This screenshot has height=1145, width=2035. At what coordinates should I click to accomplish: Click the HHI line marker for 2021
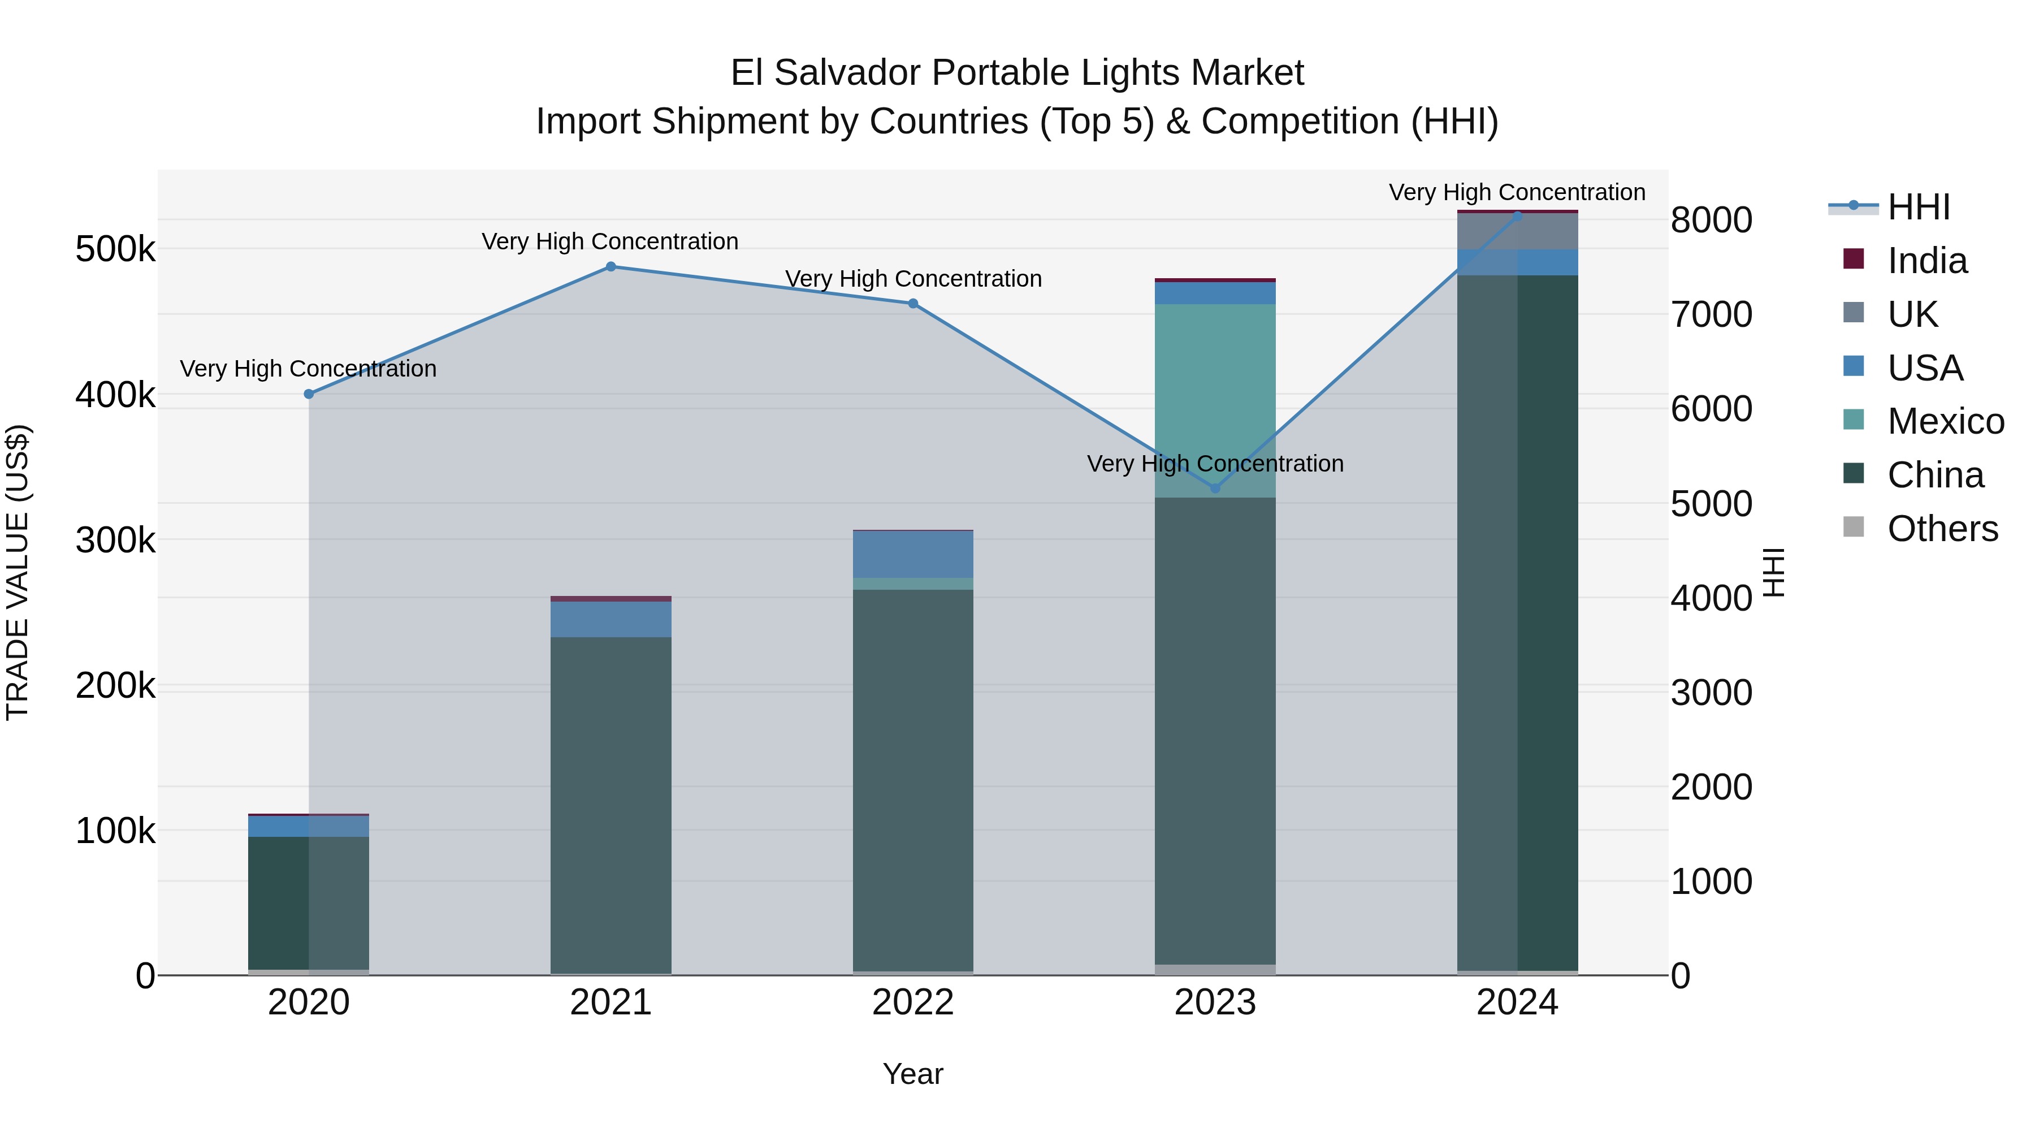click(x=610, y=267)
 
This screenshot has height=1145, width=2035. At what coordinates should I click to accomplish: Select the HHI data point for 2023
click(x=1215, y=489)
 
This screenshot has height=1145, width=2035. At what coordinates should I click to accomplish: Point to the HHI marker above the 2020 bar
click(x=309, y=394)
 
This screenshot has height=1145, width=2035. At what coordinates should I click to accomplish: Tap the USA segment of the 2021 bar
click(x=610, y=620)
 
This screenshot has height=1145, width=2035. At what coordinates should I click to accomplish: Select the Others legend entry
click(x=1941, y=529)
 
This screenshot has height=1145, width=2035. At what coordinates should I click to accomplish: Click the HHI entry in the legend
click(x=1917, y=207)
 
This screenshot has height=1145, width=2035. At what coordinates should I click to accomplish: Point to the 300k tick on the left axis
click(x=115, y=541)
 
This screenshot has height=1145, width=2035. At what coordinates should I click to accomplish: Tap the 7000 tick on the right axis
click(x=1711, y=314)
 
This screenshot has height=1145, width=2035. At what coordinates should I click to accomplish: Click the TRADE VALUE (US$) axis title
click(x=18, y=572)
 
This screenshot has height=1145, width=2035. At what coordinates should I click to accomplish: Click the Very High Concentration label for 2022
click(x=913, y=279)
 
